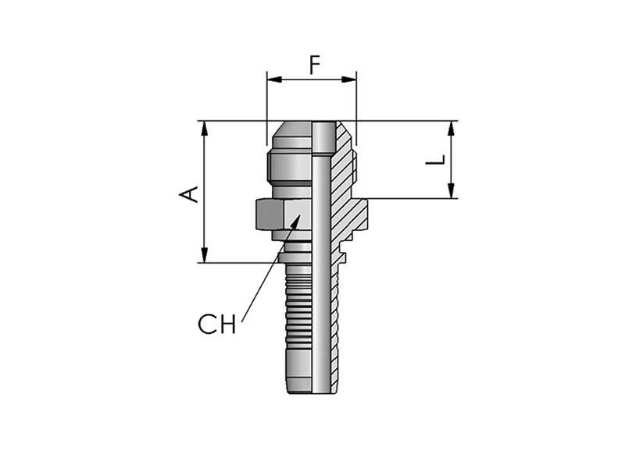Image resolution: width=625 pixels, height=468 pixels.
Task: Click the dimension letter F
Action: (x=316, y=66)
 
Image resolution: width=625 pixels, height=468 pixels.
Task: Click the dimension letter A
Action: (x=188, y=193)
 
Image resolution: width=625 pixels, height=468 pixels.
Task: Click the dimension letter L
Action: (x=435, y=160)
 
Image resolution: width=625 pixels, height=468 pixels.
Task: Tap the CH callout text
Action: (x=217, y=324)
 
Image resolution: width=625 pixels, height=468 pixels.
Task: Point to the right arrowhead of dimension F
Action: (x=348, y=80)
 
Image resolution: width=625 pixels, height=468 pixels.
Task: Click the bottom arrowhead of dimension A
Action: (x=205, y=255)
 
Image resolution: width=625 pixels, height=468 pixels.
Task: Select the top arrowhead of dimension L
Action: (x=452, y=129)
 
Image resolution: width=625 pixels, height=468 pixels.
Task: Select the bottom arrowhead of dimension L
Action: (x=452, y=190)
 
